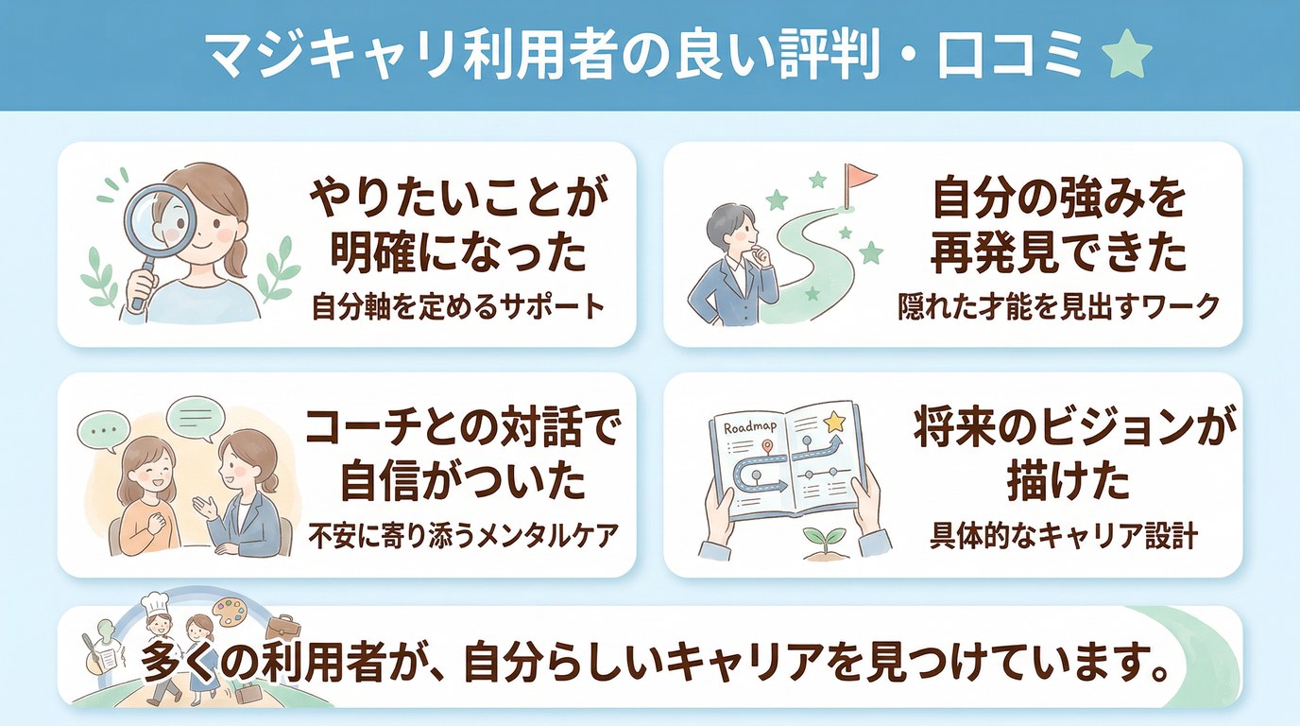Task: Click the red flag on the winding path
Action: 860,176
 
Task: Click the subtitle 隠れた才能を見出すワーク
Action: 1058,308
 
